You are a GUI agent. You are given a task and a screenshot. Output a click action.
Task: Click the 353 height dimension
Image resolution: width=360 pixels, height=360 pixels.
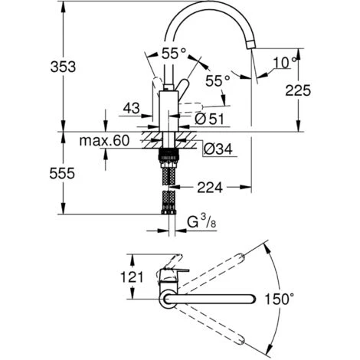tap(63, 67)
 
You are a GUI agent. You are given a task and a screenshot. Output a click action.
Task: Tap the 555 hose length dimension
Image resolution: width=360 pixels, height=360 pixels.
tap(62, 173)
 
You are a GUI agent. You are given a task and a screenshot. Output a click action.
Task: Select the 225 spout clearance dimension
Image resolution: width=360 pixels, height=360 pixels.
tap(298, 90)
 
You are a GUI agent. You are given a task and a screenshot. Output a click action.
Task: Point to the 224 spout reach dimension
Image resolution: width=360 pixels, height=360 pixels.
tap(210, 188)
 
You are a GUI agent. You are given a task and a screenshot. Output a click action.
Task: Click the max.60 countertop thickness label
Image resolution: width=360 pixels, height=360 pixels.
tap(104, 140)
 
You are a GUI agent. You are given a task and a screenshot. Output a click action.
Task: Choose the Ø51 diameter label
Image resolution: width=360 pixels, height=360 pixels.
tap(209, 119)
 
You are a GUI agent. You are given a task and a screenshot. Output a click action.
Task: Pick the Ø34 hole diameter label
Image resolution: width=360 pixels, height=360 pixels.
tap(218, 149)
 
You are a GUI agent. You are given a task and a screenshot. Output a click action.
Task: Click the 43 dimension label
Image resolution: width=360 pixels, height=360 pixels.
tap(132, 108)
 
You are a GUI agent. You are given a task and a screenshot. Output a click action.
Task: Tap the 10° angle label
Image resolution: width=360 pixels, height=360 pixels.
tap(285, 63)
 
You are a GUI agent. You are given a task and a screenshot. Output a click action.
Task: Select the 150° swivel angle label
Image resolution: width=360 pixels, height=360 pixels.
tap(280, 299)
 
